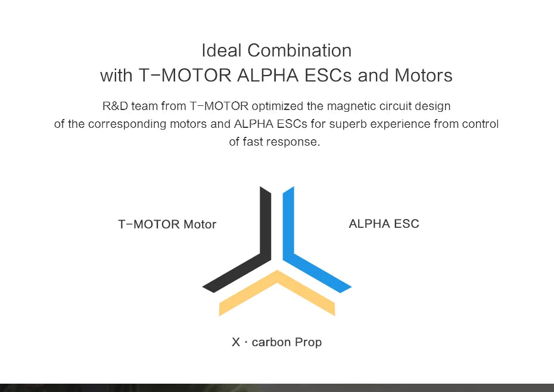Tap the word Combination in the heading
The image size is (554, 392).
coord(299,51)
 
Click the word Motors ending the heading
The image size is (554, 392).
coord(423,76)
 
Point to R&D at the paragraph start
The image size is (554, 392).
coord(113,106)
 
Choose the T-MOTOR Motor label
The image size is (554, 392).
coord(167,224)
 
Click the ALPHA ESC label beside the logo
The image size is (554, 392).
coord(384,224)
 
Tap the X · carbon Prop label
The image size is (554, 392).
coord(276,343)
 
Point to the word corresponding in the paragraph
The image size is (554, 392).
coord(158,124)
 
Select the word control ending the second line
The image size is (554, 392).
coord(481,124)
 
